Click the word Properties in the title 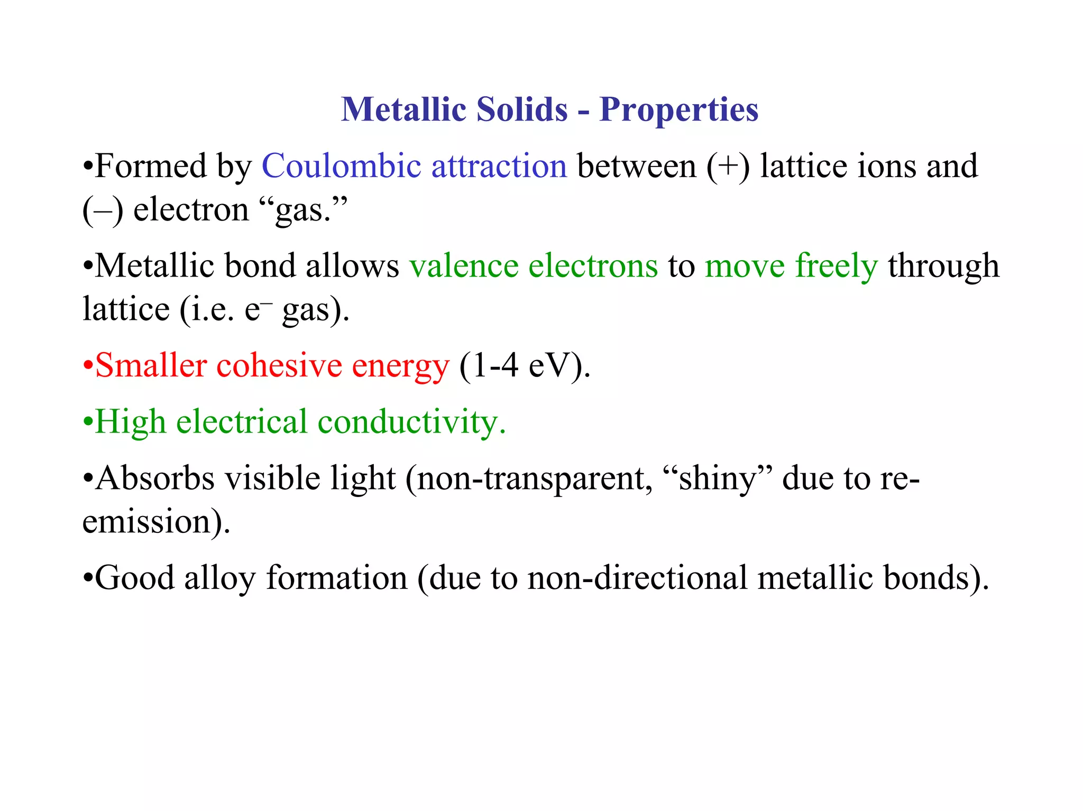click(x=678, y=110)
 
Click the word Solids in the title click(x=521, y=110)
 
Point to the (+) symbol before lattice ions click(x=728, y=167)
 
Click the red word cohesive click(x=279, y=366)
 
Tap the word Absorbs click(x=155, y=478)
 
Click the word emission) click(x=157, y=522)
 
